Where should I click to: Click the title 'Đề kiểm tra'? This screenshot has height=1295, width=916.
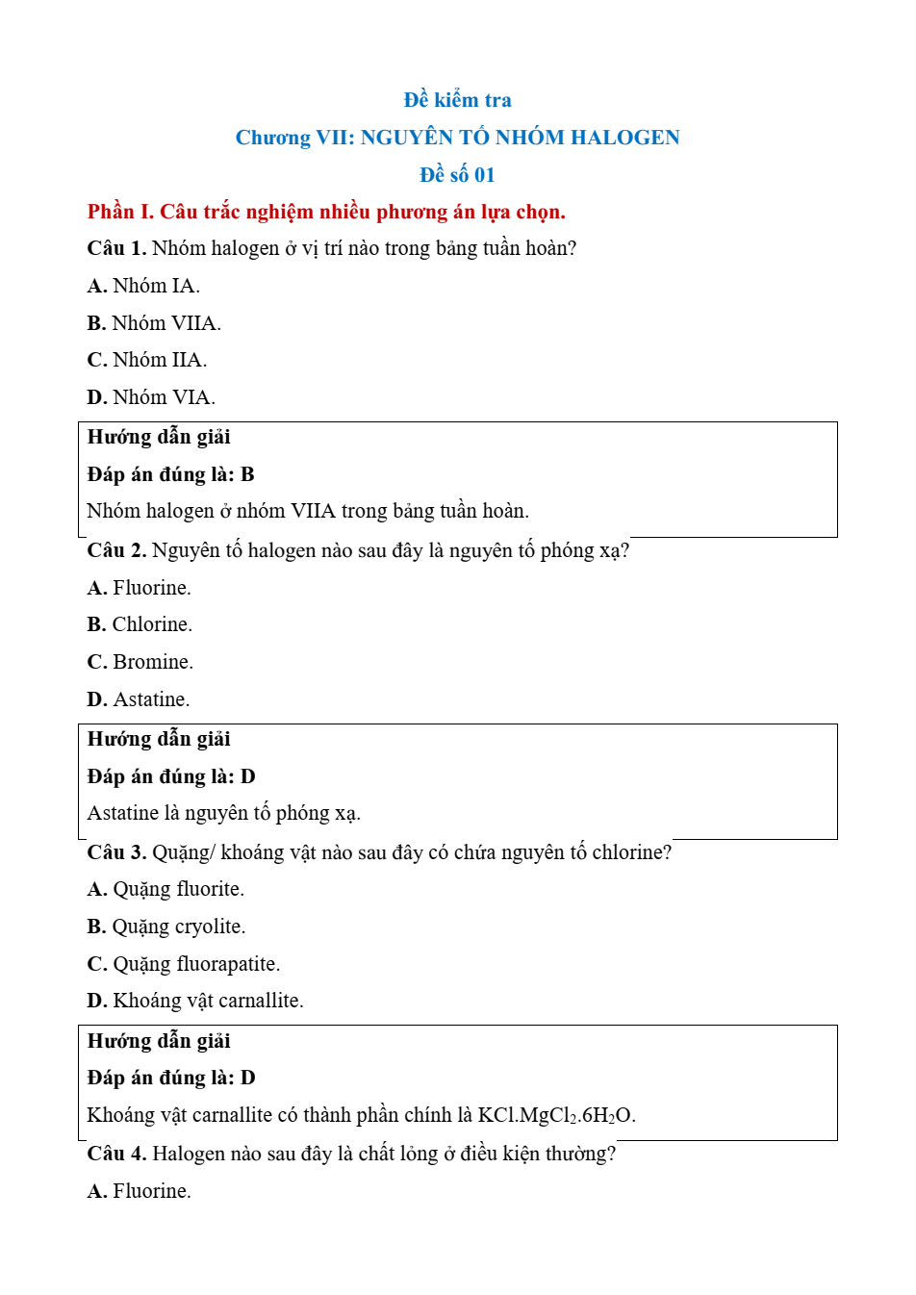click(457, 100)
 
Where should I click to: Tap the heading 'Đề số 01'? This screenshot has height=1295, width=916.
click(457, 175)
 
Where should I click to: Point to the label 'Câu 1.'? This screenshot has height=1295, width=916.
click(116, 248)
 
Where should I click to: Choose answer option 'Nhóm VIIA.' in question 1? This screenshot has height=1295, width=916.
click(165, 323)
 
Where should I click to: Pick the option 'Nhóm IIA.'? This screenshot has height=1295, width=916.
click(159, 360)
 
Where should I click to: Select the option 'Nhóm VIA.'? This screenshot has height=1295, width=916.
click(164, 397)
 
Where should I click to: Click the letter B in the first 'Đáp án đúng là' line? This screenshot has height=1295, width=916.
click(247, 474)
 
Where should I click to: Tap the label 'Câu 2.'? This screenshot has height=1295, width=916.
click(116, 550)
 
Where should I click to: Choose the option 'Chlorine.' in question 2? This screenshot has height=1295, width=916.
click(151, 624)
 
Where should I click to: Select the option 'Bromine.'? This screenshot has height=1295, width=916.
click(152, 662)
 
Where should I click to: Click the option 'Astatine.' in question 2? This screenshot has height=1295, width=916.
click(151, 699)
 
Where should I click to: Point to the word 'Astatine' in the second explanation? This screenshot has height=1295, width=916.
click(122, 813)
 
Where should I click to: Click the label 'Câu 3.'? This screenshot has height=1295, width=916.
click(116, 852)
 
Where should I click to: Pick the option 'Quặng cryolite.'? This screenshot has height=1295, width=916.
click(178, 927)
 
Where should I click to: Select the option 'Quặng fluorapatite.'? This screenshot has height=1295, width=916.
click(195, 964)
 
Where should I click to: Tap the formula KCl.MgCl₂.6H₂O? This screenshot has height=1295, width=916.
click(555, 1115)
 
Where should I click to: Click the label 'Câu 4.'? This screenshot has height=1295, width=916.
click(116, 1154)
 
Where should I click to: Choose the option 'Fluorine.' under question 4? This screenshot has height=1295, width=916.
click(151, 1191)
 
